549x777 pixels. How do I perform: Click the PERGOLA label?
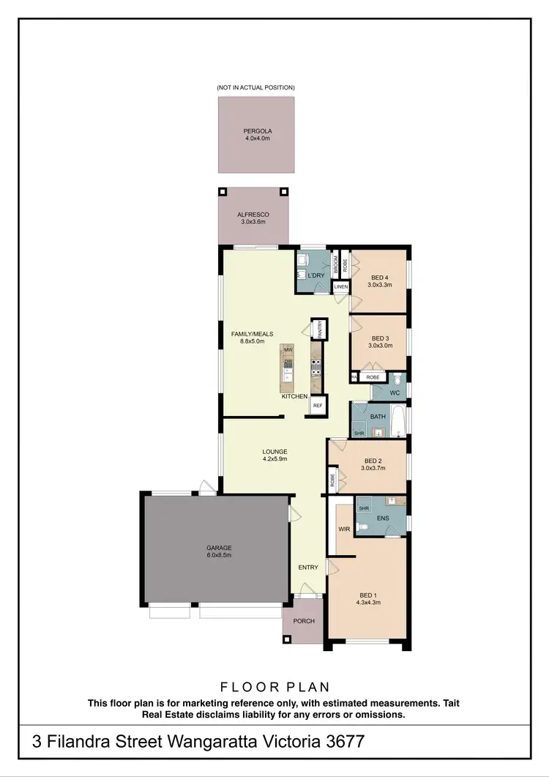click(x=257, y=132)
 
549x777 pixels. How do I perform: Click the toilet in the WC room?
click(x=396, y=380)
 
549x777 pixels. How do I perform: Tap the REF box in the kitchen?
click(x=318, y=405)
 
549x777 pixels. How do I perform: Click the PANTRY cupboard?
click(x=319, y=330)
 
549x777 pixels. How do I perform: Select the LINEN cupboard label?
click(x=341, y=287)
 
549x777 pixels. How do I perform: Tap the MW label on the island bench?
click(x=288, y=351)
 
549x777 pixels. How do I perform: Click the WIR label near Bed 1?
click(x=343, y=528)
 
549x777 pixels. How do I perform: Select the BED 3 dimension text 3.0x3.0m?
click(x=378, y=345)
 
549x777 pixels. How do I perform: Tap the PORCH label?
click(x=304, y=621)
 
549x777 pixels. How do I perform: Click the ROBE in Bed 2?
click(x=333, y=480)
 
